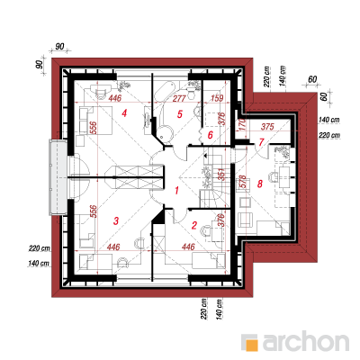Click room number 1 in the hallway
[177, 190]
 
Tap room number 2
[194, 225]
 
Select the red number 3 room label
[116, 221]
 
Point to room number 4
[124, 113]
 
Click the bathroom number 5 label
[180, 114]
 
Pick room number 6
[211, 135]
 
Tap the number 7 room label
[261, 141]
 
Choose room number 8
[260, 184]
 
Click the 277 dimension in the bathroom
[179, 98]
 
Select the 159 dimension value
[217, 98]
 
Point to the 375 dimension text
[267, 127]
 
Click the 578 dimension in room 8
[242, 182]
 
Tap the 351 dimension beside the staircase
[221, 174]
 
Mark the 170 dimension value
[242, 125]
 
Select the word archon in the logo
[306, 341]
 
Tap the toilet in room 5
[191, 90]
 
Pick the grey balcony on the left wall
[58, 177]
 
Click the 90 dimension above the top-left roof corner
[59, 47]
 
